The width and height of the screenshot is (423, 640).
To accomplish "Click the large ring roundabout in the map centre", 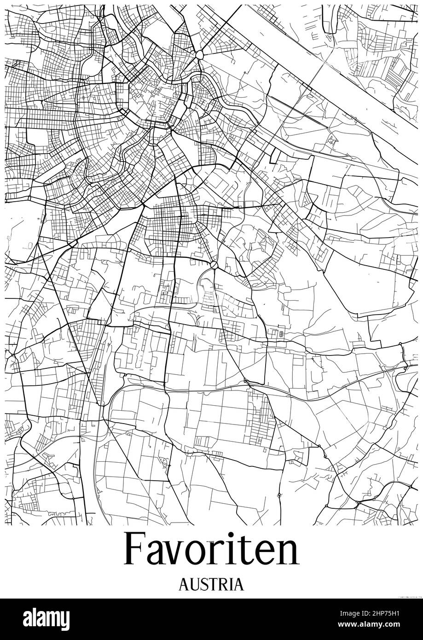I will tap(214, 265).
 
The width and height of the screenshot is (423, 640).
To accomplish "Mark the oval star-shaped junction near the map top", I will tap(199, 55).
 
